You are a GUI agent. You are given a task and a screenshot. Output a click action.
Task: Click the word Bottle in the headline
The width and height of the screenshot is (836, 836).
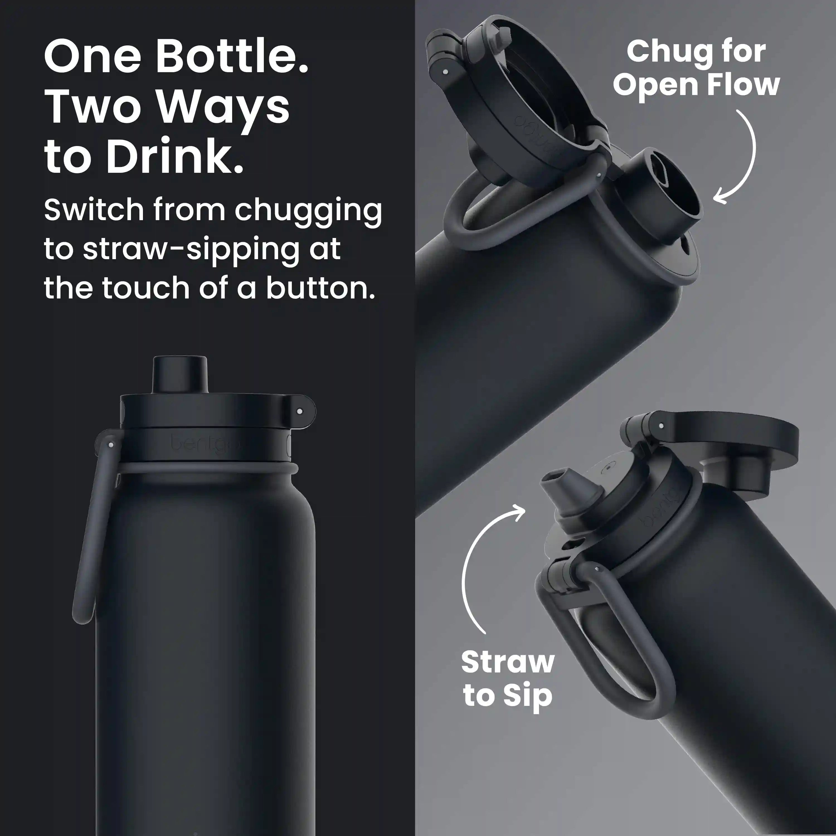pos(232,56)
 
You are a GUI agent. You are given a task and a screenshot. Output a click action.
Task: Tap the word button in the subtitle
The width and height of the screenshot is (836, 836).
pos(320,288)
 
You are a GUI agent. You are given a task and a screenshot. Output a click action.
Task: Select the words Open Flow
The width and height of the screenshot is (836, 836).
pos(696,85)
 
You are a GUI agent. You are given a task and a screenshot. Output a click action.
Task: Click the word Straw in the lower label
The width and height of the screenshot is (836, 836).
pos(507,662)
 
